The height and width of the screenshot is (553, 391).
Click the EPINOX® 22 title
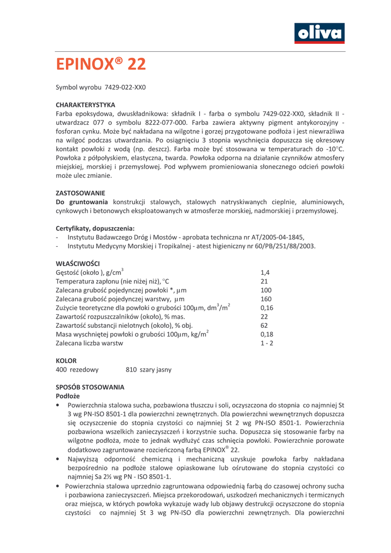click(101, 64)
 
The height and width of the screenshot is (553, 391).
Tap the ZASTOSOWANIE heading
click(80, 193)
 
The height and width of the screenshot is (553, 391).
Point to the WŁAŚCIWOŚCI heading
click(78, 264)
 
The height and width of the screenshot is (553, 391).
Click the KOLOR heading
click(66, 360)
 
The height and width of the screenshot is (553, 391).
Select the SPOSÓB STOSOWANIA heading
click(90, 387)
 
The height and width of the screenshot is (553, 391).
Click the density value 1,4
click(265, 273)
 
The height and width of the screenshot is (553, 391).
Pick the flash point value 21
click(264, 281)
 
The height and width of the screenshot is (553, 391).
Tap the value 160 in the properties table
click(266, 299)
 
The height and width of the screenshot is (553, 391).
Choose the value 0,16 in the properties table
click(267, 308)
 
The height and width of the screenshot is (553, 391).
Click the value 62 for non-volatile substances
click(264, 326)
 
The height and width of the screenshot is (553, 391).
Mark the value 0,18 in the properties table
click(267, 334)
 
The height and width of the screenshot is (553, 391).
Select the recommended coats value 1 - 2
click(267, 343)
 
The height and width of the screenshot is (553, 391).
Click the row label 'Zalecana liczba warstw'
click(90, 343)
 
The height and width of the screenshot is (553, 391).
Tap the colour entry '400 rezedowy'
click(77, 370)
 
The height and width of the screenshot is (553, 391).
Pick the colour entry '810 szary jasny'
click(149, 370)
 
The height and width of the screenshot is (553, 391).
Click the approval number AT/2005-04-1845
click(272, 237)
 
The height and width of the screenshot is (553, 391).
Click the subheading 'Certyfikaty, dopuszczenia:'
click(95, 228)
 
